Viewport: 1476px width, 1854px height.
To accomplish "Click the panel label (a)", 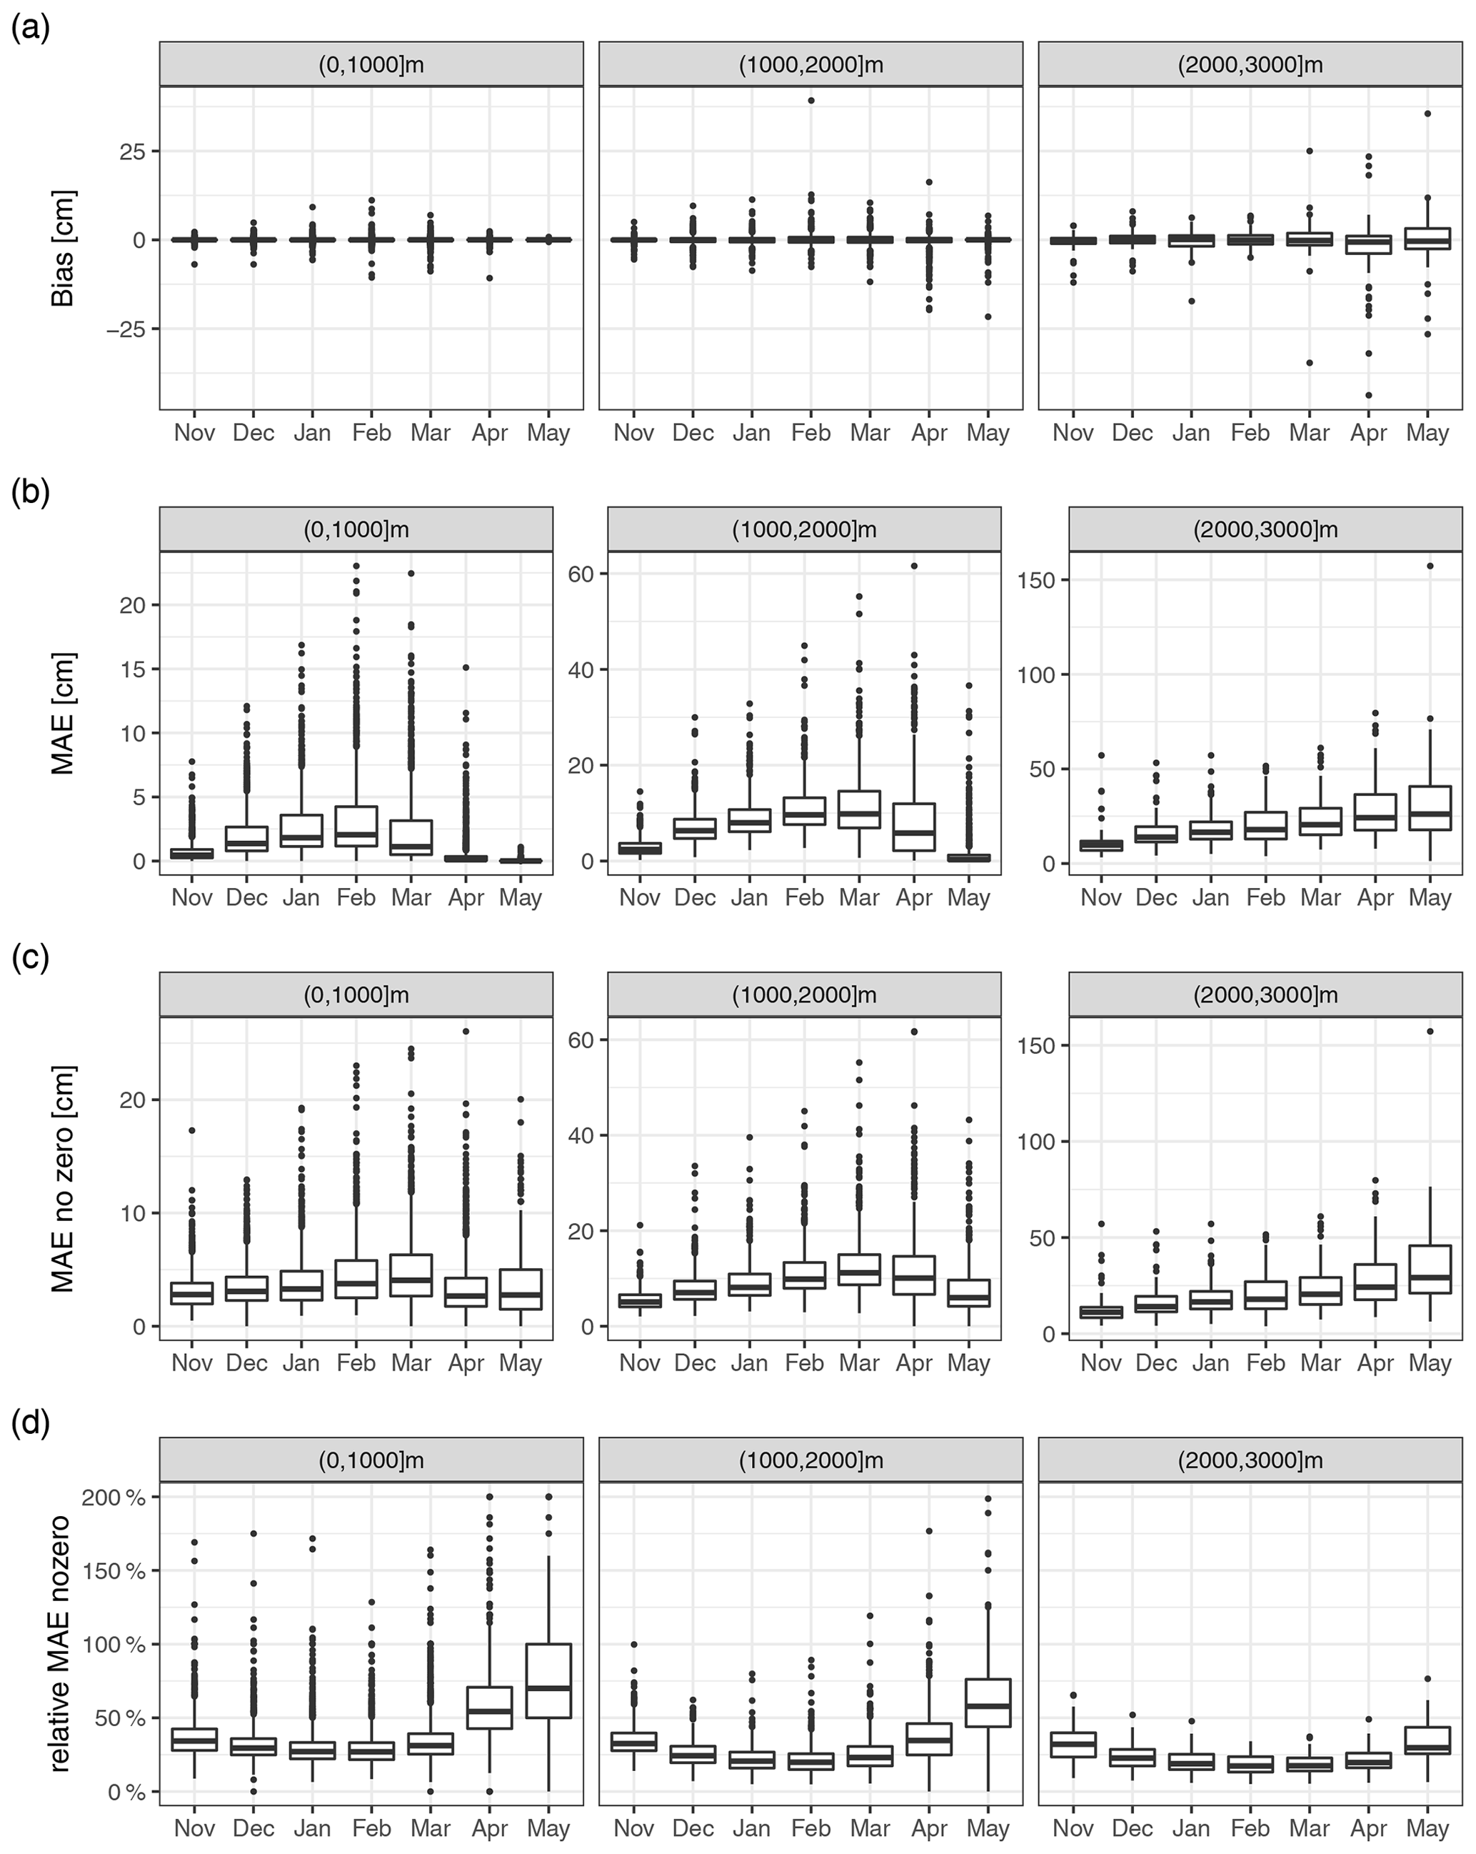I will click(x=31, y=29).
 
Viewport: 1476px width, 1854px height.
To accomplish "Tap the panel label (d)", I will click(x=31, y=1424).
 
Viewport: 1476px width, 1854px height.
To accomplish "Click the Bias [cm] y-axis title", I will click(x=63, y=249).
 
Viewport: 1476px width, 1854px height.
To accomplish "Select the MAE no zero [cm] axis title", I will click(x=63, y=1179).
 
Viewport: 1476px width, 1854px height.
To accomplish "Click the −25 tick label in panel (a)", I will click(x=126, y=329).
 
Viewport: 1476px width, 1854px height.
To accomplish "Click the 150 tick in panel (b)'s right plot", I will click(x=1036, y=579).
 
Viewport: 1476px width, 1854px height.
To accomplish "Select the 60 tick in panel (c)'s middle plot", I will click(x=581, y=1040).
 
